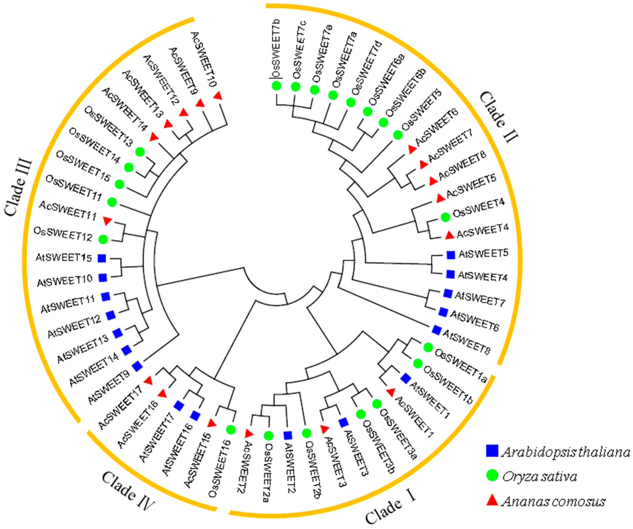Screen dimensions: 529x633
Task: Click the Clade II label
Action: click(499, 117)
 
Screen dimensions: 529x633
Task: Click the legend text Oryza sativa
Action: click(540, 476)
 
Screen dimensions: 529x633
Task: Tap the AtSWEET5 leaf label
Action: click(483, 254)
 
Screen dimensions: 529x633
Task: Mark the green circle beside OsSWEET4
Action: click(445, 217)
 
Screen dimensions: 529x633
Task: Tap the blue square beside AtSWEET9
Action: click(137, 366)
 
